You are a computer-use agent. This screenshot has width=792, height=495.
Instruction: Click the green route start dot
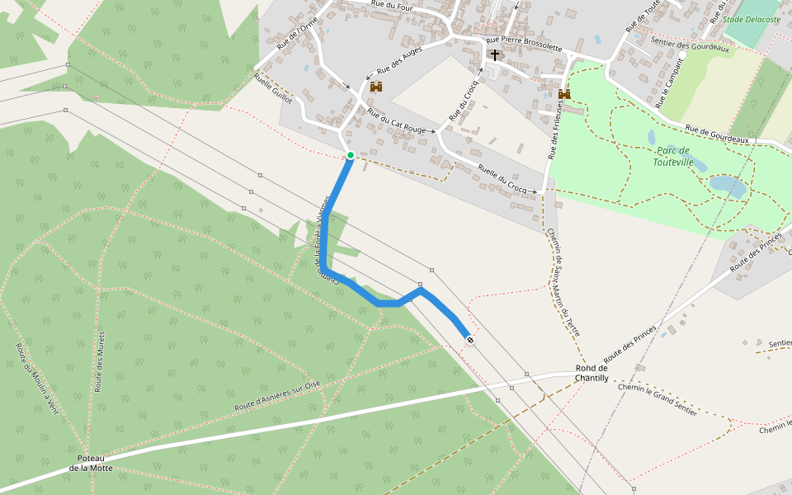tap(351, 155)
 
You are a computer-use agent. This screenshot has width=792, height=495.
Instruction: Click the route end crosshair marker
tap(469, 340)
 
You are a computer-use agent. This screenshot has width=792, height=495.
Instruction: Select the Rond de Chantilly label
tap(592, 373)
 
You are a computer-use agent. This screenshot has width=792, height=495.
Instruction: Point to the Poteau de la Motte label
tap(91, 463)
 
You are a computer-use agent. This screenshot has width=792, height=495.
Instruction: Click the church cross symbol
tap(495, 55)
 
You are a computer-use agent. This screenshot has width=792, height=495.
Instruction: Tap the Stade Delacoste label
tap(752, 19)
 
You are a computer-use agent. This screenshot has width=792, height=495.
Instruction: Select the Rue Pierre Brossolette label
tap(524, 44)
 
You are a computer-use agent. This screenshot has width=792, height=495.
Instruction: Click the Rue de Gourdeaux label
tap(717, 134)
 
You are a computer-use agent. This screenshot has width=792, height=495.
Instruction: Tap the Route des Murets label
tap(101, 366)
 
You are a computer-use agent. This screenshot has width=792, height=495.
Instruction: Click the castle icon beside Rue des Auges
tap(377, 87)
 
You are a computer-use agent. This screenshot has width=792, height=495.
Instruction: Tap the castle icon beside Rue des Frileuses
tap(564, 95)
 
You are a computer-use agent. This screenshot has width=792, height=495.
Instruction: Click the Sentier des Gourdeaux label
tap(691, 49)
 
